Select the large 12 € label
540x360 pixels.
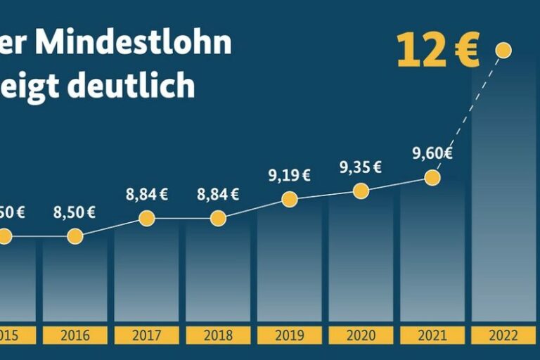pyautogui.click(x=437, y=50)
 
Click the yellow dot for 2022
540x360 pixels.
pyautogui.click(x=503, y=49)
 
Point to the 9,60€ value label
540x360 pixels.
pyautogui.click(x=432, y=153)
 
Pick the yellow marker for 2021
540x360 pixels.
pyautogui.click(x=432, y=177)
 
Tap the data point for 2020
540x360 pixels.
pyautogui.click(x=361, y=191)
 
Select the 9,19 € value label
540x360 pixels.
pyautogui.click(x=289, y=176)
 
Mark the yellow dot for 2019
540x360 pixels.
pyautogui.click(x=289, y=200)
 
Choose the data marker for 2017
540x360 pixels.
pyautogui.click(x=146, y=218)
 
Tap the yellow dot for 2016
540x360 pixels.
pyautogui.click(x=75, y=236)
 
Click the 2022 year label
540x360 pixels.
pyautogui.click(x=503, y=335)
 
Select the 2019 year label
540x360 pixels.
pyautogui.click(x=289, y=335)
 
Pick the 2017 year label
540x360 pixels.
pyautogui.click(x=146, y=335)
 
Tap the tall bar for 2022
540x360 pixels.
pyautogui.click(x=503, y=211)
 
